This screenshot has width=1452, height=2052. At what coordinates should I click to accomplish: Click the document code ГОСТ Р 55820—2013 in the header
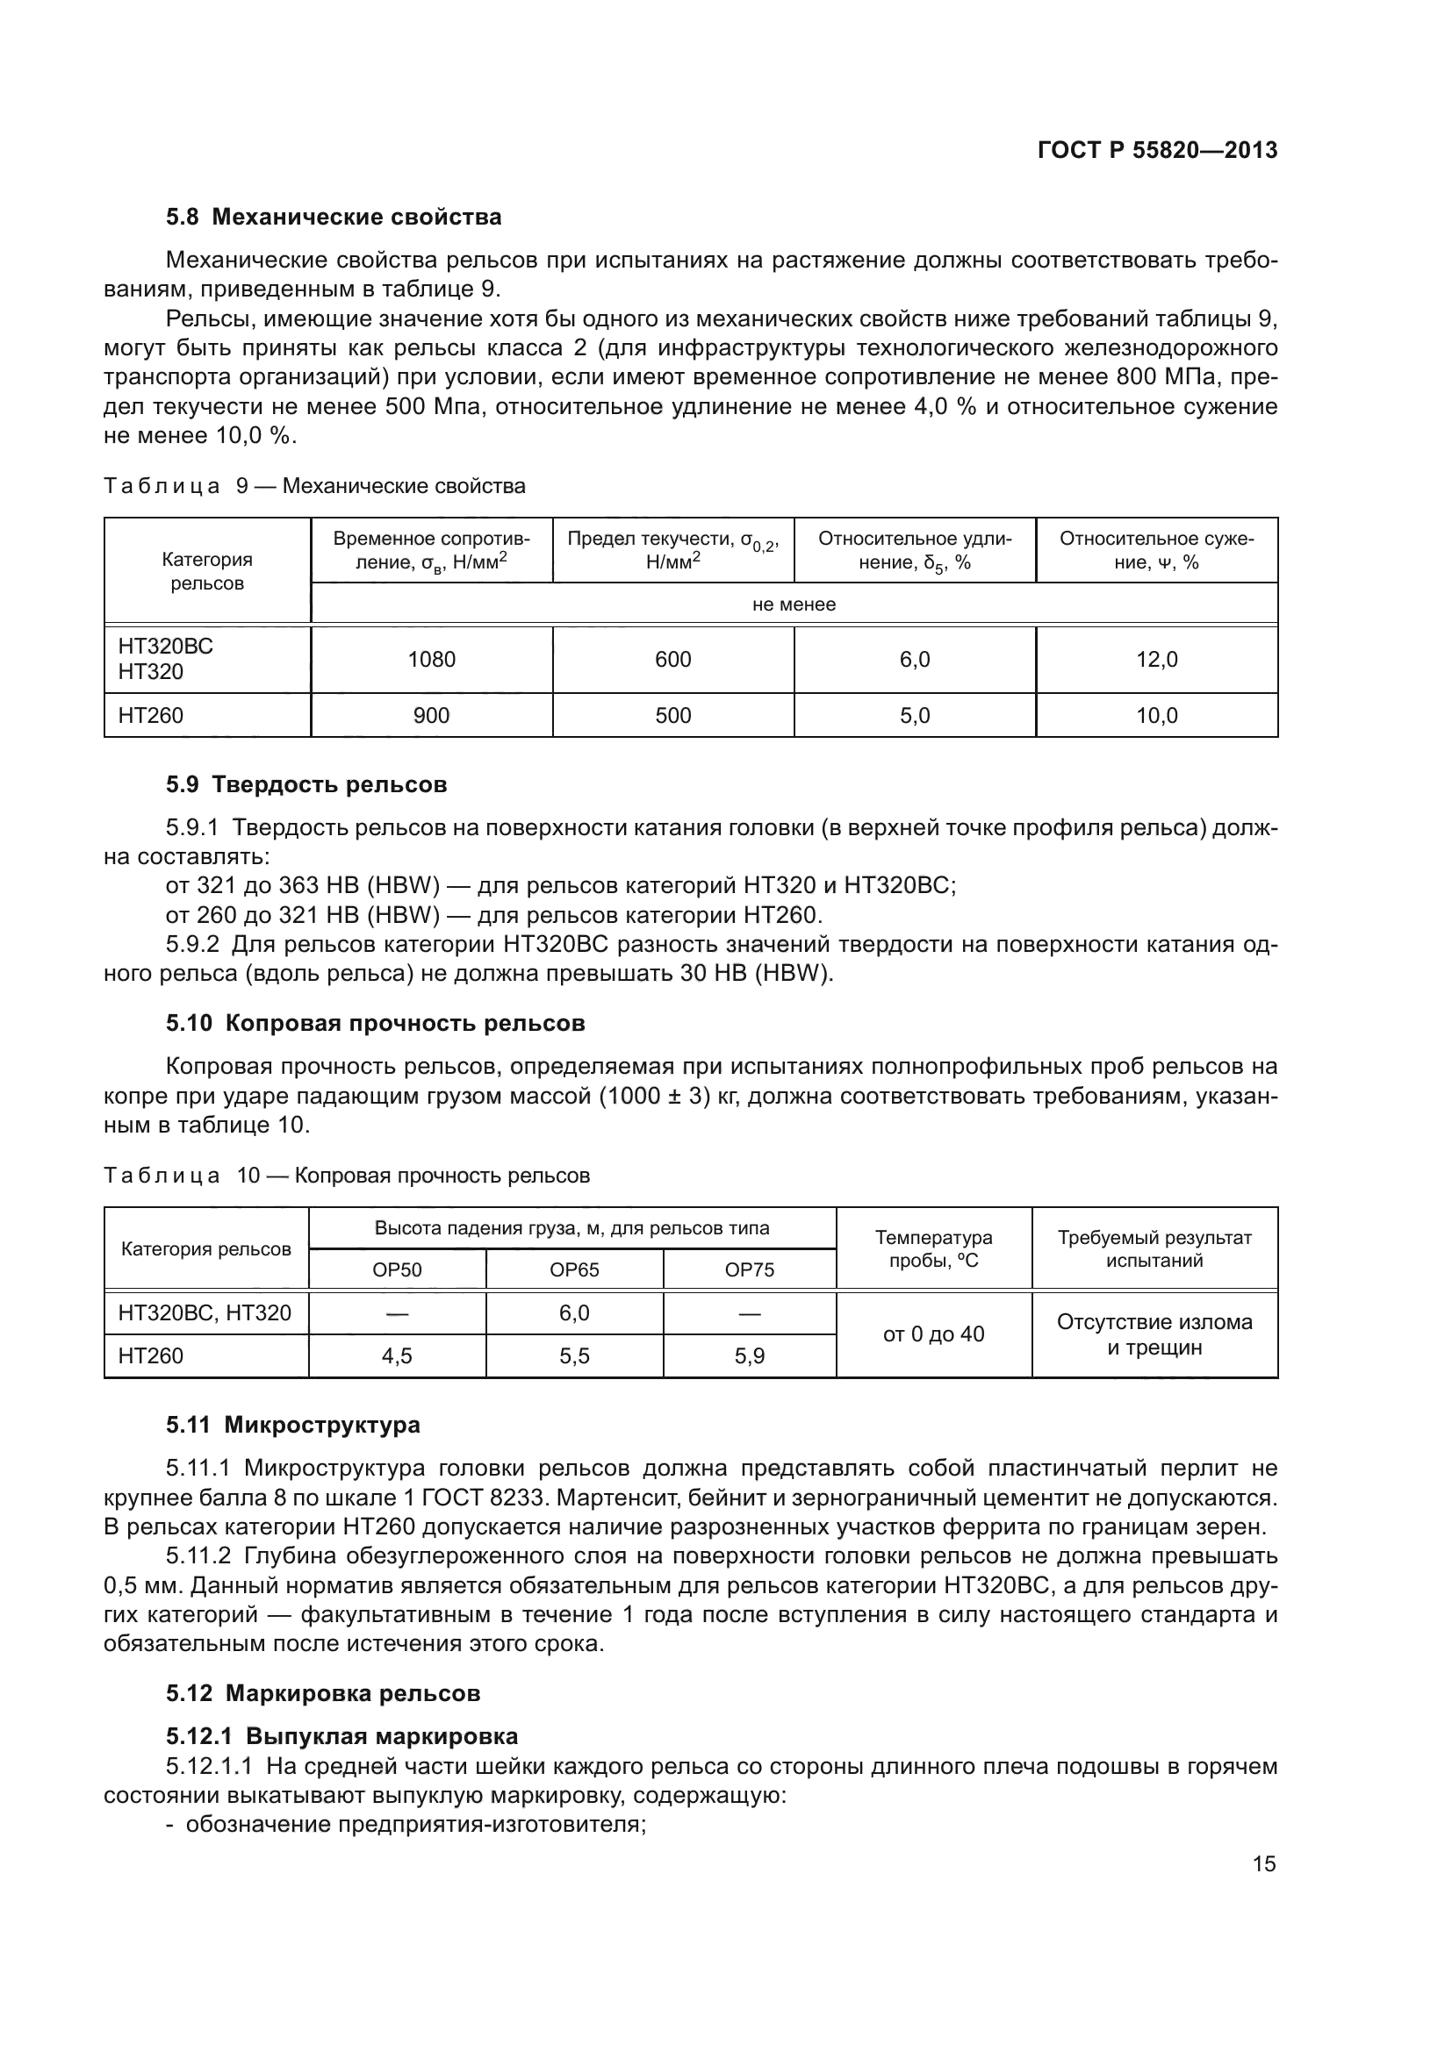(1157, 150)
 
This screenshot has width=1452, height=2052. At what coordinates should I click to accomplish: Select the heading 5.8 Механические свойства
(334, 218)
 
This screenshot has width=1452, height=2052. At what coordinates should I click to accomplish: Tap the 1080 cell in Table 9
(431, 660)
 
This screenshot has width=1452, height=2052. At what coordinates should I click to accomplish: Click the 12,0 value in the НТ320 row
(1156, 660)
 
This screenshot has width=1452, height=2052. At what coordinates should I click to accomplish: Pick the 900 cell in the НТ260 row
(431, 716)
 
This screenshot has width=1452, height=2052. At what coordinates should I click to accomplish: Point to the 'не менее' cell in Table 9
(793, 604)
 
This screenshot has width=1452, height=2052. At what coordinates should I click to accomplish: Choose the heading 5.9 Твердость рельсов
(305, 784)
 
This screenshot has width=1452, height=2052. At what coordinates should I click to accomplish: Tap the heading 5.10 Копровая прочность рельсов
(375, 1023)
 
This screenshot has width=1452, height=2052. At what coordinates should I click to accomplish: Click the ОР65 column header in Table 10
(574, 1270)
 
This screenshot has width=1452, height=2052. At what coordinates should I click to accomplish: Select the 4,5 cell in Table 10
(397, 1355)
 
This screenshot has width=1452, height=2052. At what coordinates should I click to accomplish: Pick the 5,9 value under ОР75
(749, 1355)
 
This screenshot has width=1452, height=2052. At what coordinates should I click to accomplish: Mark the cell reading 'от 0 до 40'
(933, 1334)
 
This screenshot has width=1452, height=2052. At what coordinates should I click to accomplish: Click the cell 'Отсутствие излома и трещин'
(1154, 1334)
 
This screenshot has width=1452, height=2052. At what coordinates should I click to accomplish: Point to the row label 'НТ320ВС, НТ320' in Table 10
(205, 1313)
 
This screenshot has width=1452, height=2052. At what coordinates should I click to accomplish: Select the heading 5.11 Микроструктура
(292, 1425)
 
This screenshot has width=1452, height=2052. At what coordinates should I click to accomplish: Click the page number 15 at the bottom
(1263, 1863)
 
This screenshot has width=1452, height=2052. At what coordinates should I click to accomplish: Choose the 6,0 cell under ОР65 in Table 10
(574, 1313)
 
